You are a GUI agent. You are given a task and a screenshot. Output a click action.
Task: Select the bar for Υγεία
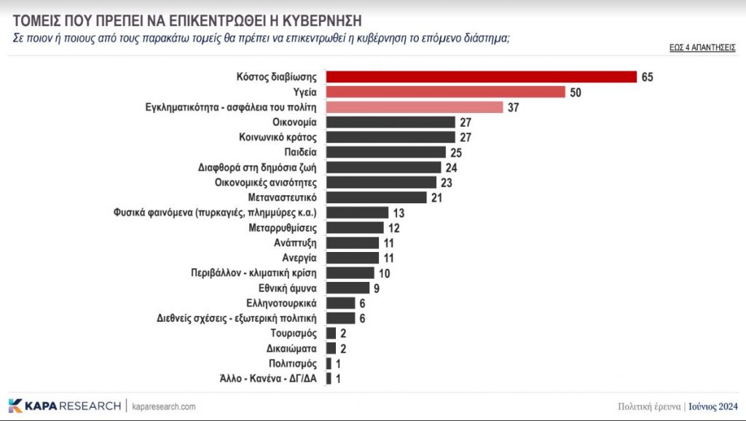(x=445, y=92)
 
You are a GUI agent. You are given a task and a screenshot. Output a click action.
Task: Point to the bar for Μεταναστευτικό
(x=376, y=197)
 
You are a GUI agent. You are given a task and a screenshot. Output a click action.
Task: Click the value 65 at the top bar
(x=648, y=77)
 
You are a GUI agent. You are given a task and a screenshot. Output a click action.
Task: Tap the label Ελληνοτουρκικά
(x=283, y=303)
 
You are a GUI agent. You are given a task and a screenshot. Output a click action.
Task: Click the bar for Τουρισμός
(x=331, y=333)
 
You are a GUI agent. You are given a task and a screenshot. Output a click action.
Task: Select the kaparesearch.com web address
(x=164, y=406)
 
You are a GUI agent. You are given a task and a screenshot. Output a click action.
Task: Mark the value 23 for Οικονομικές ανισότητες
(x=446, y=182)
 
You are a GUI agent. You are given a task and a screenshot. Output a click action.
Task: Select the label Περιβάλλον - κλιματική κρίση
(x=254, y=272)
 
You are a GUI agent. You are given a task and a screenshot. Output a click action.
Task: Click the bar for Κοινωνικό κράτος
(x=390, y=137)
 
